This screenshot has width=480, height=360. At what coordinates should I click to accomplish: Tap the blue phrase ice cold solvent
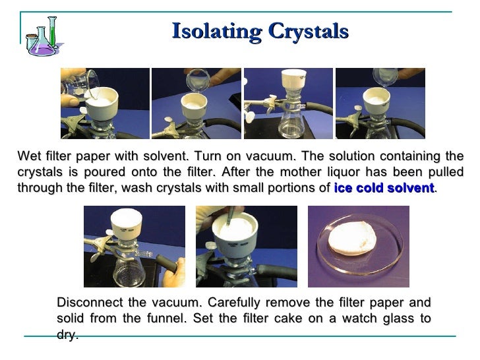[x=384, y=188]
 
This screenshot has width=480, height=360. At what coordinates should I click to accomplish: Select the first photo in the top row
[x=104, y=104]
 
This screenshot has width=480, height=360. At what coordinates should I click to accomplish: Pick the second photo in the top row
[x=196, y=104]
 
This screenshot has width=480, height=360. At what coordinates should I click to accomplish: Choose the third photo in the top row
[x=287, y=104]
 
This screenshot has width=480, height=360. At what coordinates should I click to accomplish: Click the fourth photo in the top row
[x=380, y=104]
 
